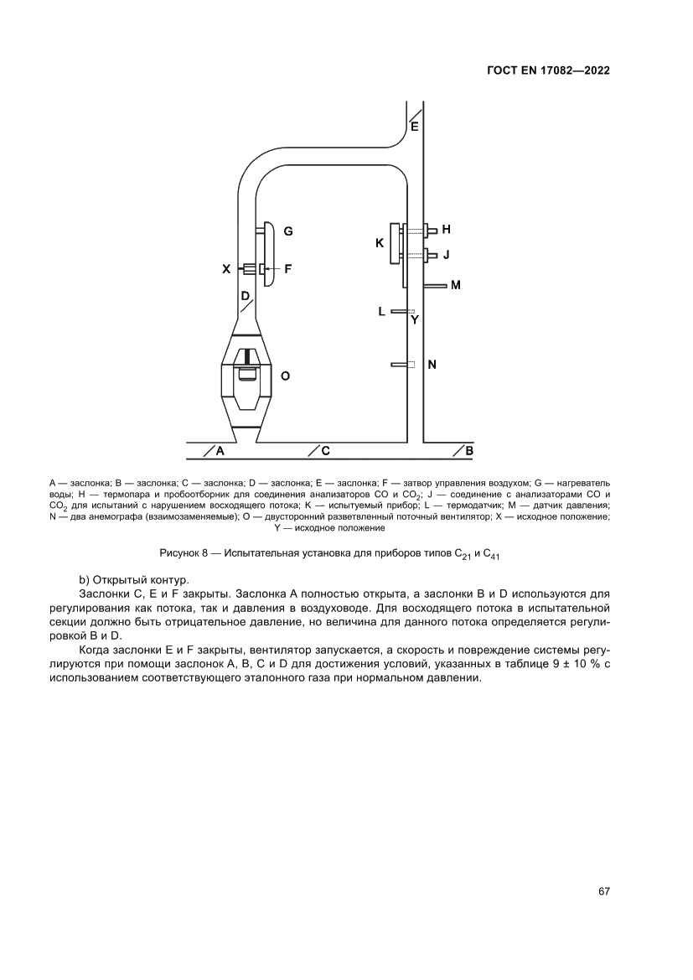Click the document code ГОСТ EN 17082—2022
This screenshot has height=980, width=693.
point(547,71)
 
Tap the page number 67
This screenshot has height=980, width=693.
point(603,891)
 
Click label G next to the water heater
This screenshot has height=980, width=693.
point(287,230)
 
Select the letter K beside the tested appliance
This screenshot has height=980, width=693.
point(380,243)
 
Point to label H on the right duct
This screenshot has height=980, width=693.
point(447,229)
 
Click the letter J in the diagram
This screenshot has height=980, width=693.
point(447,254)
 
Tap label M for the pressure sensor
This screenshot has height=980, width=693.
point(456,286)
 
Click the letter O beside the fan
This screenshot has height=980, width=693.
point(285,376)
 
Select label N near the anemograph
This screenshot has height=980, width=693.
point(432,365)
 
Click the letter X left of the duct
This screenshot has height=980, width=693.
point(225,269)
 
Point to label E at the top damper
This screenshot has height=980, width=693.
point(414,127)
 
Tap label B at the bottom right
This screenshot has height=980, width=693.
point(468,451)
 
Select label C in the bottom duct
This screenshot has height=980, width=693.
point(324,451)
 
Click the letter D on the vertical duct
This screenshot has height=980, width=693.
point(244,297)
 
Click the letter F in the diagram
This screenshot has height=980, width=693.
point(287,269)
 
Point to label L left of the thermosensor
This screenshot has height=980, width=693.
point(381,311)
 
